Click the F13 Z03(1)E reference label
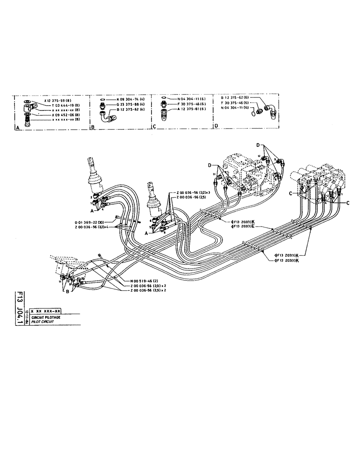[242, 227]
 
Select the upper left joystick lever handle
[92, 166]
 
